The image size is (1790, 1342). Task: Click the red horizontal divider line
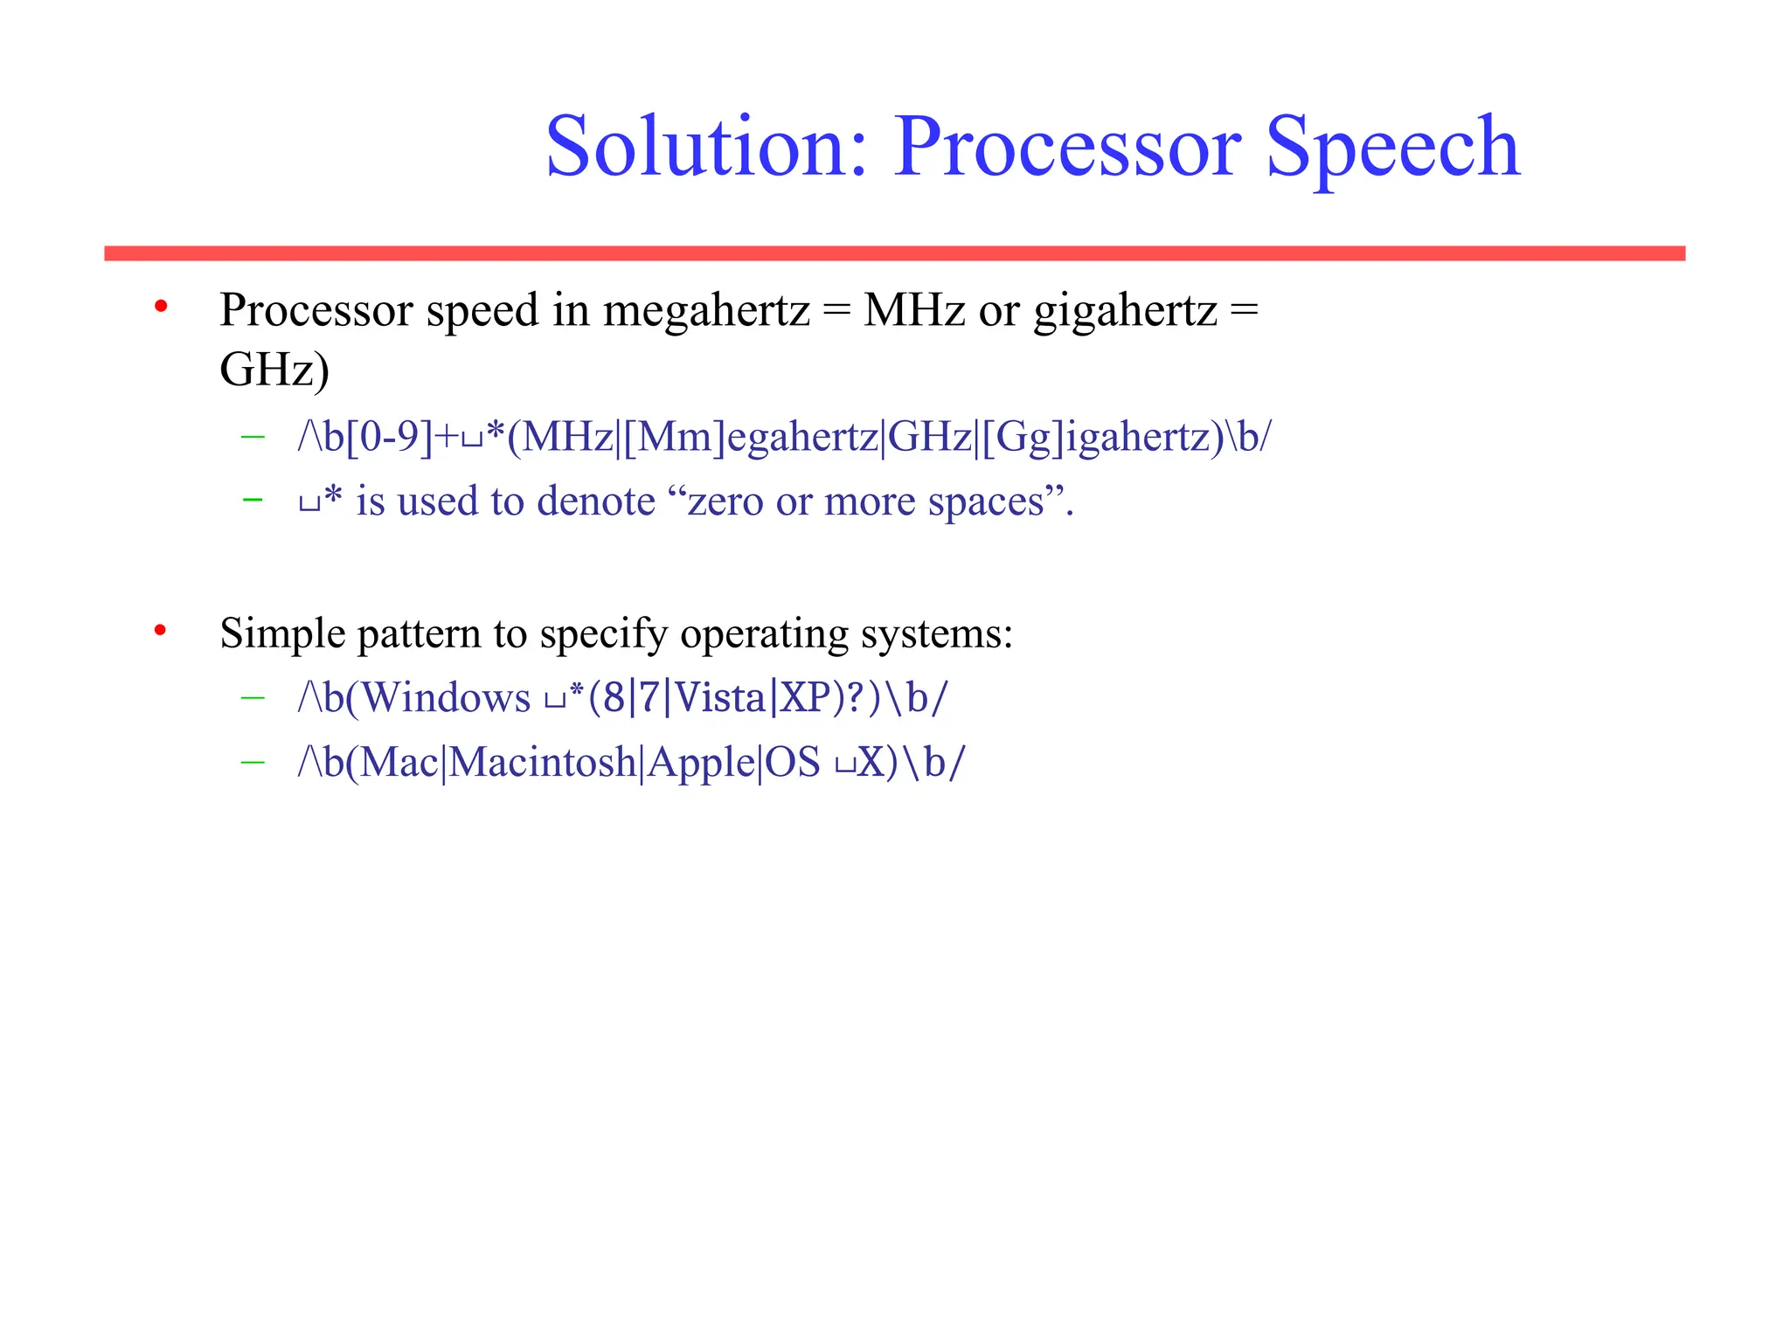[x=894, y=253]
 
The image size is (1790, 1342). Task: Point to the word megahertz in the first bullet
[x=706, y=311]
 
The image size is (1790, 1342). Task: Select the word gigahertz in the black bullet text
[x=1126, y=311]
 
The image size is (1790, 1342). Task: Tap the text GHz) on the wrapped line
[x=274, y=370]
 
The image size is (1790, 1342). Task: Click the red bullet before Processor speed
[x=161, y=307]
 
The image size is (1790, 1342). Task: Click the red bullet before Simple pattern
[x=160, y=630]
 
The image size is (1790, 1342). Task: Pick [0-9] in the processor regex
[x=390, y=436]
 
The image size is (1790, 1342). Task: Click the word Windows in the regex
[x=446, y=698]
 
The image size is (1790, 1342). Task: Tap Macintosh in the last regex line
[x=543, y=762]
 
